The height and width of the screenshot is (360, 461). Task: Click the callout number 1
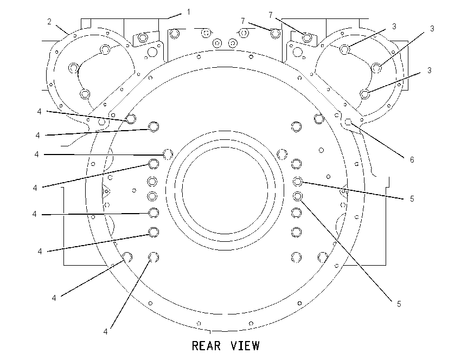188,12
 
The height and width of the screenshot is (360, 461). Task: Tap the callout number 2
49,22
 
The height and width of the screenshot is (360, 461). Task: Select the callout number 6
412,159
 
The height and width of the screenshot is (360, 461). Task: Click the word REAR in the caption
207,345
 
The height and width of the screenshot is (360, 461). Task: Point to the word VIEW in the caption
245,345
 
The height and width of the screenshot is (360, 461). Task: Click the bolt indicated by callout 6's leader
348,121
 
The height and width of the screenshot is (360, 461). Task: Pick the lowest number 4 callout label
106,331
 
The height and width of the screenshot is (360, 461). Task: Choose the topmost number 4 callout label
40,111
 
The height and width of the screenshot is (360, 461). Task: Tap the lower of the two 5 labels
399,304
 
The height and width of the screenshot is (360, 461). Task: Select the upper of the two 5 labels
412,199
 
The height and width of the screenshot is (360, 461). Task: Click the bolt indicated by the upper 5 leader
298,182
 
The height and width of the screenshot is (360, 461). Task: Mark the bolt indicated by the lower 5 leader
298,196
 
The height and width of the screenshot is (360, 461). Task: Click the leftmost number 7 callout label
243,21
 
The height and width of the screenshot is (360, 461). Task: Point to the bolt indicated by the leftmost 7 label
275,34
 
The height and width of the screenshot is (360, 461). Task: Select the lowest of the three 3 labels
430,70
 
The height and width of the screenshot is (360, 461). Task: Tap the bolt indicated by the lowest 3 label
365,94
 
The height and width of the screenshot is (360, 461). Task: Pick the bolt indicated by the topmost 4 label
131,119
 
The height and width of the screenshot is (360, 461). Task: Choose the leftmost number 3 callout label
394,27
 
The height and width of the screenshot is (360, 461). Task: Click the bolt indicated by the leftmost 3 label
344,49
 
